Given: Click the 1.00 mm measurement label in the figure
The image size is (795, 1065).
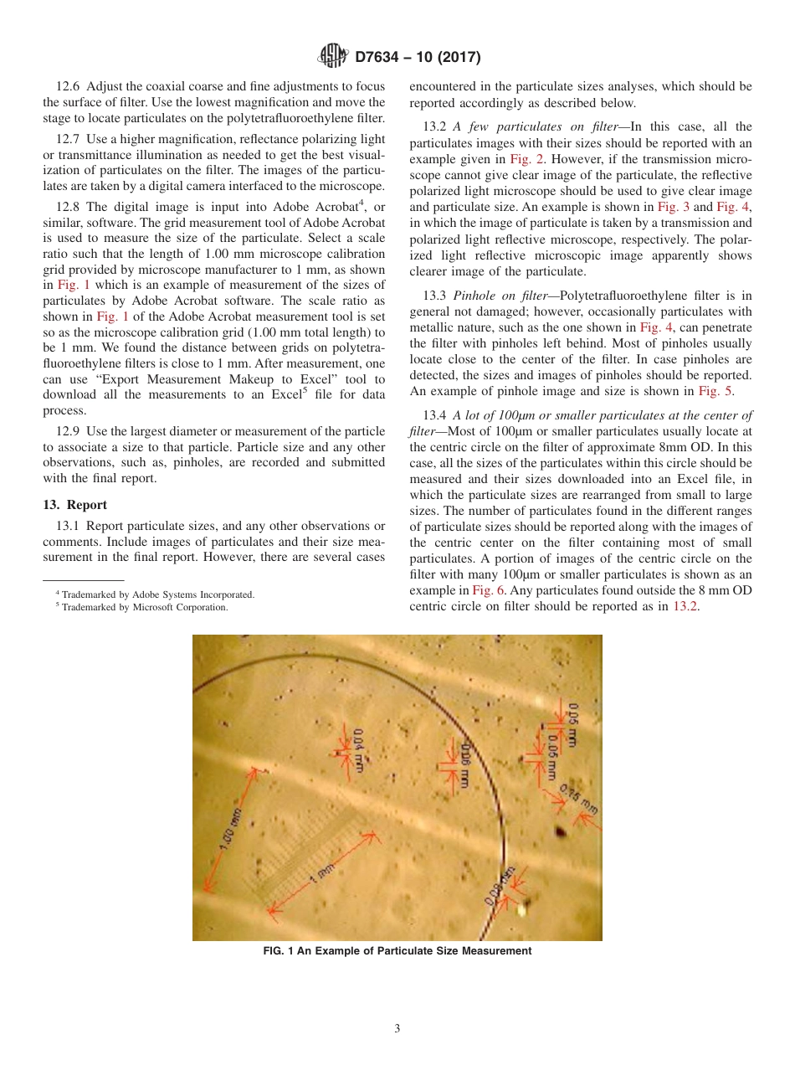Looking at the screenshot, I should (232, 829).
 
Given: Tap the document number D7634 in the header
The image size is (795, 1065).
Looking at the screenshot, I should (383, 58).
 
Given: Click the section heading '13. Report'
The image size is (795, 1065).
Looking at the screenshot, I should (74, 505).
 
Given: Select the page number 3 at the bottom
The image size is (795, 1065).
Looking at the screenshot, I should (397, 1029).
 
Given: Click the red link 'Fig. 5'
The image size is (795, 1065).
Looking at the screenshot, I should (715, 391).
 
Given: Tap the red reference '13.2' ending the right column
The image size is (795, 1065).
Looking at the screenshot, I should (685, 606).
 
